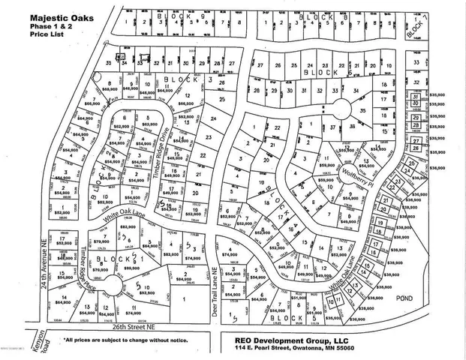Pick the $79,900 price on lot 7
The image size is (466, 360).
[x=98, y=241]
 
